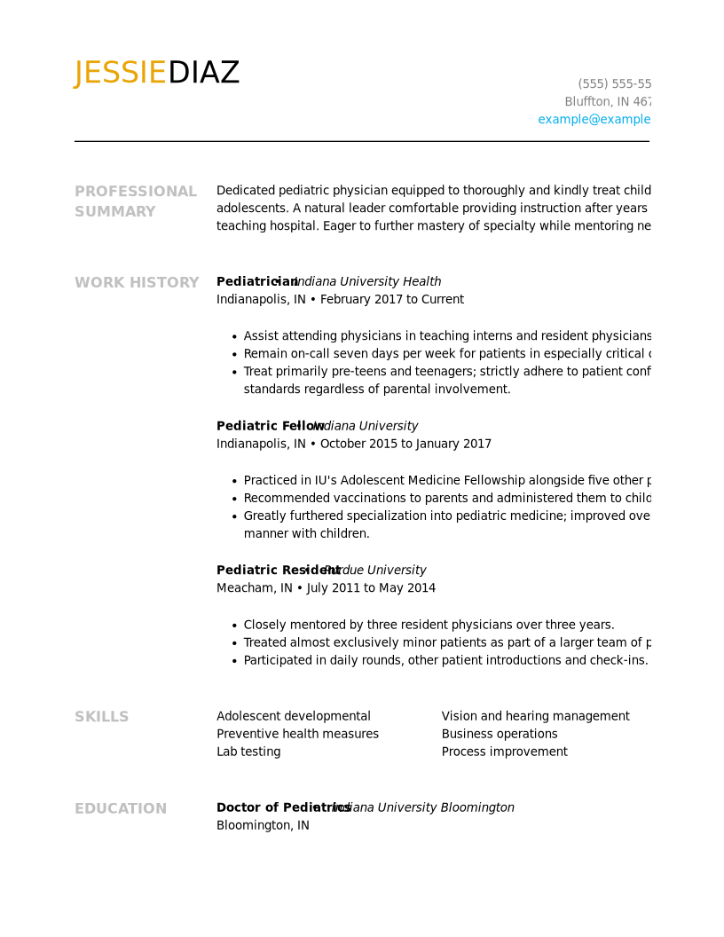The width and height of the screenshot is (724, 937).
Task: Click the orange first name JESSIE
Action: point(120,74)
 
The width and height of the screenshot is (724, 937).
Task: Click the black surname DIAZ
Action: point(203,74)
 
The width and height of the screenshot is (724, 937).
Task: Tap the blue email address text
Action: point(594,120)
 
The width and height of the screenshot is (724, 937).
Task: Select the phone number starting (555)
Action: point(614,84)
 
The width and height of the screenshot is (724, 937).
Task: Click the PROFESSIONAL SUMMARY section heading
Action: point(136,201)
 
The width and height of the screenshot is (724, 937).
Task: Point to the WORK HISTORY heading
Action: point(137,283)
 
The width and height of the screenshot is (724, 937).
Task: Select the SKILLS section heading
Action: point(101,717)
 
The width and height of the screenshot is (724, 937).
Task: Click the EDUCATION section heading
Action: point(121,809)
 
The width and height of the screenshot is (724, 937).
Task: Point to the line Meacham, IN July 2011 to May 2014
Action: point(326,588)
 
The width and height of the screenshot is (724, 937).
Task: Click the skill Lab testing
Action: point(248,752)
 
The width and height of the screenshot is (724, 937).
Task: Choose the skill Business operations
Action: point(500,734)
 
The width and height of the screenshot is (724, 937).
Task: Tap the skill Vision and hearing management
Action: point(535,716)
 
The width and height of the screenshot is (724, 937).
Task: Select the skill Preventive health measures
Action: point(297,734)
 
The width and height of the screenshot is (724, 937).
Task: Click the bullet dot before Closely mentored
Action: point(234,626)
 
